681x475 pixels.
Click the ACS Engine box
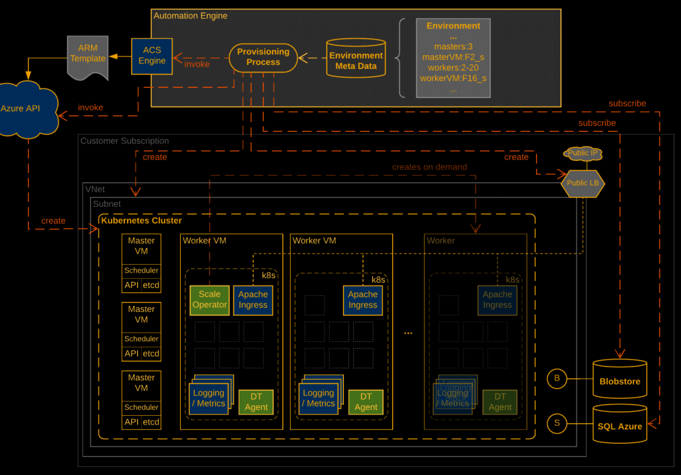152,56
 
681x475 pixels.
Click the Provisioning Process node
263,57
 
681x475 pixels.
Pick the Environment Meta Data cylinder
356,60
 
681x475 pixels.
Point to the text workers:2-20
453,68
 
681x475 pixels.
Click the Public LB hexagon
582,183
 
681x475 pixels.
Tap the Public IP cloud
583,154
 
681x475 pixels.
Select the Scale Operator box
209,299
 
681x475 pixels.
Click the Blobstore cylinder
619,380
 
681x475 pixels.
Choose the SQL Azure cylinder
619,424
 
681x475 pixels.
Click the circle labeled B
556,379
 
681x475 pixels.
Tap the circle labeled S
556,422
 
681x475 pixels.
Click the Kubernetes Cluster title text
141,220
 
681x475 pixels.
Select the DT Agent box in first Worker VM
256,402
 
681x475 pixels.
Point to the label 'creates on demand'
429,167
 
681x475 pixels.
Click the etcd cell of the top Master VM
151,285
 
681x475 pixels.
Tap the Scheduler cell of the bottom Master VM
141,407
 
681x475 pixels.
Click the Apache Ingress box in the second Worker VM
362,299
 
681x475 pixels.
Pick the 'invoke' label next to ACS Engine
197,65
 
